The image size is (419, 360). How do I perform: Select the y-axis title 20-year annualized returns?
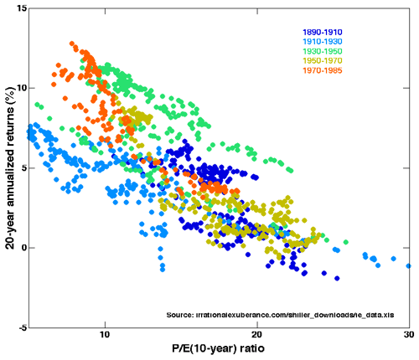[8, 167]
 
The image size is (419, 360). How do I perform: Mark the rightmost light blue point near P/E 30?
[409, 266]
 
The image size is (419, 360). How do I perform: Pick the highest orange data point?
[73, 44]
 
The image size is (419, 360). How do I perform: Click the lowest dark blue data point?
[337, 278]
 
